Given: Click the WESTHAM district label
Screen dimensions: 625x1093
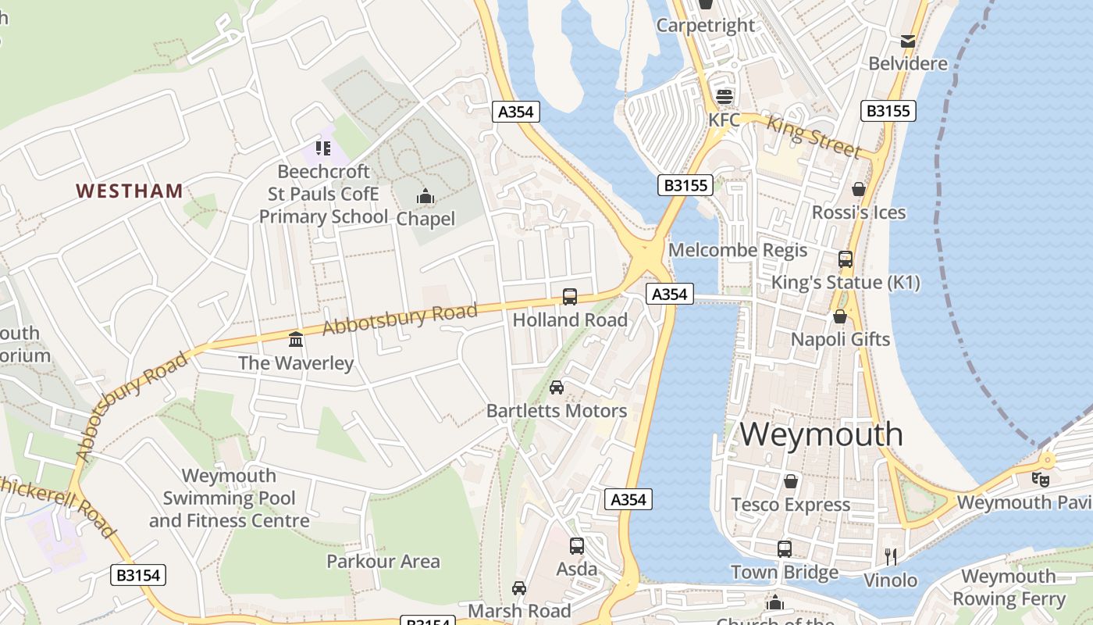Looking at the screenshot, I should [x=130, y=191].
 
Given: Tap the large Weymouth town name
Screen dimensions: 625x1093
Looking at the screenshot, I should [x=821, y=434].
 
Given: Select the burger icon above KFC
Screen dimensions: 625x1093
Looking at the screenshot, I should [x=725, y=97].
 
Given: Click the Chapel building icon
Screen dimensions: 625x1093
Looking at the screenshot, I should [x=425, y=196].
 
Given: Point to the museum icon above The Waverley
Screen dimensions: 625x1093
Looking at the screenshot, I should [x=296, y=339].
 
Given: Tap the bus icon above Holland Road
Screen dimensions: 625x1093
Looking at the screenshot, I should [x=570, y=297].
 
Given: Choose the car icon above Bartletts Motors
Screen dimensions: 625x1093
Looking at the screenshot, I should [x=557, y=387].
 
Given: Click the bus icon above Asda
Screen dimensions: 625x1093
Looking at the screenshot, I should [x=577, y=546].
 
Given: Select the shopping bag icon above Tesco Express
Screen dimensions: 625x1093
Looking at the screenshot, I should [x=791, y=480].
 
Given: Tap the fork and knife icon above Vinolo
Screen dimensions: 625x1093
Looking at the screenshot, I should [x=890, y=556].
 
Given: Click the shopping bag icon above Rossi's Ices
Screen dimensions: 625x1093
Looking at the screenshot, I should [x=859, y=189].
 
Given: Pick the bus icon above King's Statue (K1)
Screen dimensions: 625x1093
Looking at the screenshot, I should [x=846, y=259].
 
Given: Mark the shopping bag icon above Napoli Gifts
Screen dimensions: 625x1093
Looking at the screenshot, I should [x=840, y=316].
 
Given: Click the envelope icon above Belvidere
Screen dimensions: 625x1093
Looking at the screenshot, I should [x=908, y=41].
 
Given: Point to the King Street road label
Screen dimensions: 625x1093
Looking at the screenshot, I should [x=814, y=136].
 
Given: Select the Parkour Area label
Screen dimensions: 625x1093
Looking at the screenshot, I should [x=383, y=561].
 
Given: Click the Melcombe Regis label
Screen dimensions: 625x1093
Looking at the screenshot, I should [x=738, y=250].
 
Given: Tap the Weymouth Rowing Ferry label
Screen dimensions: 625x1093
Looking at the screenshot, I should [x=1009, y=587].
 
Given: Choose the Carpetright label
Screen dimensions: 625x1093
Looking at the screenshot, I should [x=706, y=25].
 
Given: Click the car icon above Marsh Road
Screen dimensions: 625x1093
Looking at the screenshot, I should [x=519, y=587].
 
